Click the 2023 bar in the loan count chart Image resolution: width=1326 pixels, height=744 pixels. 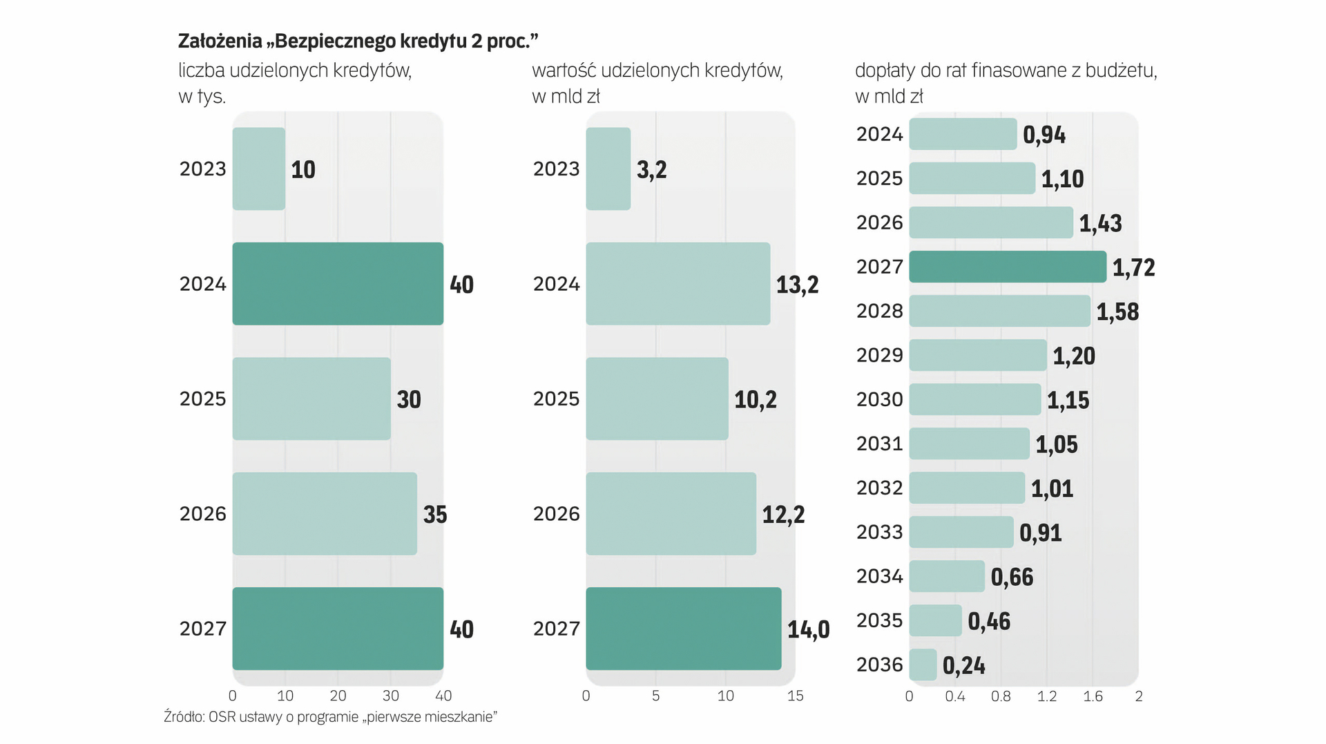pos(258,169)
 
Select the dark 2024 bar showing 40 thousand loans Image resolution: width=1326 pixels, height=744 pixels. pos(338,283)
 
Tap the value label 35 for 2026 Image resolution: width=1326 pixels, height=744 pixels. pos(435,515)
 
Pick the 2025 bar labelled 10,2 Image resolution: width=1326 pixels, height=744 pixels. pos(657,399)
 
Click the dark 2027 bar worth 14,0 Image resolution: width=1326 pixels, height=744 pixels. pos(683,629)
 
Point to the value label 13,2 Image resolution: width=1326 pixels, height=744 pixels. pos(797,285)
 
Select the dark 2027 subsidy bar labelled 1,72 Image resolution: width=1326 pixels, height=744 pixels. pos(1007,267)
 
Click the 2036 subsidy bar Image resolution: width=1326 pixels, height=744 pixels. pos(923,665)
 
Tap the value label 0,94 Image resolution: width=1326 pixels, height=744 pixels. pos(1044,135)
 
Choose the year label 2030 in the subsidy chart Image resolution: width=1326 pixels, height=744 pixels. pos(879,399)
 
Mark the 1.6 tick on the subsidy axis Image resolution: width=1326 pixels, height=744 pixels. pos(1093,696)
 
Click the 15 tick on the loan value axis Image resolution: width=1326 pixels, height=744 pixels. pos(795,696)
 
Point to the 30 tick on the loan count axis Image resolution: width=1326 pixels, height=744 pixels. pos(390,696)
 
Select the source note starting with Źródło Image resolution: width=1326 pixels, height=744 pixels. pos(330,717)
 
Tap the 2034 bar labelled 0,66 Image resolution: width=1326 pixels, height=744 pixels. pos(946,576)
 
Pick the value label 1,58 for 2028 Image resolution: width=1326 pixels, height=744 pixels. pos(1117,312)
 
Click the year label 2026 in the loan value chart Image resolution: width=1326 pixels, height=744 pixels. pos(556,514)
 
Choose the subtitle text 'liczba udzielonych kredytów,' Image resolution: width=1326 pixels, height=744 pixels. pos(295,70)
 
